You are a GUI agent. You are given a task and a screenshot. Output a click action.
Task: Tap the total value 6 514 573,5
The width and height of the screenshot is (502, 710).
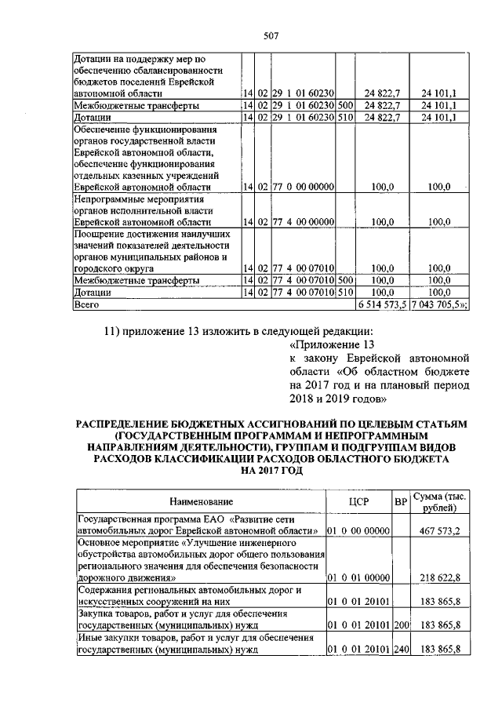384,303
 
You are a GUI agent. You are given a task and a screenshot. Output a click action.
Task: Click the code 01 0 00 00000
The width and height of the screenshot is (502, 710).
358,531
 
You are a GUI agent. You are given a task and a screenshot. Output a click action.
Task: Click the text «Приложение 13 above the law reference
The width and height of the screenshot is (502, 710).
333,344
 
